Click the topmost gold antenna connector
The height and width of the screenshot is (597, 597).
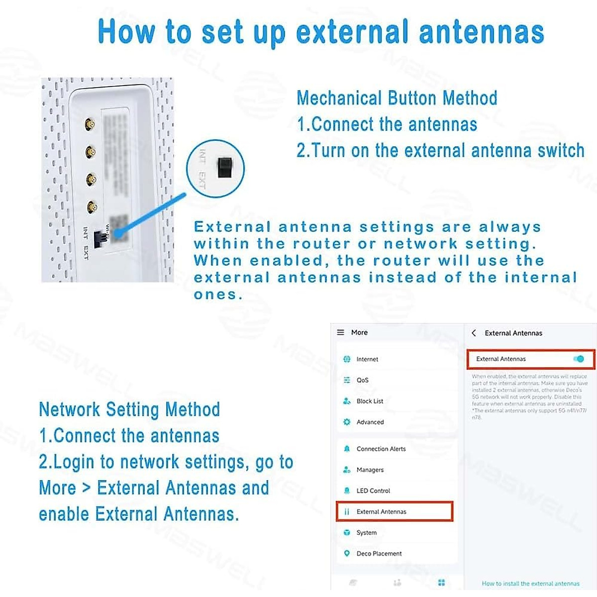[90, 124]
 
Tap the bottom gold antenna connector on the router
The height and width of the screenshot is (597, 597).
[91, 206]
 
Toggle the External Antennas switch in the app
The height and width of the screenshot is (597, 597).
[578, 359]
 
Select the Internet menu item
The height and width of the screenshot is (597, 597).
[367, 359]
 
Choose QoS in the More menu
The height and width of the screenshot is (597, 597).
[362, 380]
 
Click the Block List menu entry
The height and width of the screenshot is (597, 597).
[370, 401]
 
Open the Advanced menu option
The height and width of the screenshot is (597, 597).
[370, 422]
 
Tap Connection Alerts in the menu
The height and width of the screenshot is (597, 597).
[381, 449]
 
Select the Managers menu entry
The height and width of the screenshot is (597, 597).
[370, 470]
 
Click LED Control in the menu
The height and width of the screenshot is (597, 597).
[373, 491]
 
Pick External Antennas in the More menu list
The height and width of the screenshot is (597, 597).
[381, 511]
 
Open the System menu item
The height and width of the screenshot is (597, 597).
[367, 532]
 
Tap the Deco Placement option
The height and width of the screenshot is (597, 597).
[379, 553]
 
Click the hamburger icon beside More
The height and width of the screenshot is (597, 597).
[341, 332]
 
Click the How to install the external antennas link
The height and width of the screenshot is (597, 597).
[530, 584]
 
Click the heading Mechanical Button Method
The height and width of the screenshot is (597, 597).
[397, 98]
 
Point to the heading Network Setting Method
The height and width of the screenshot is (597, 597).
[129, 409]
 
